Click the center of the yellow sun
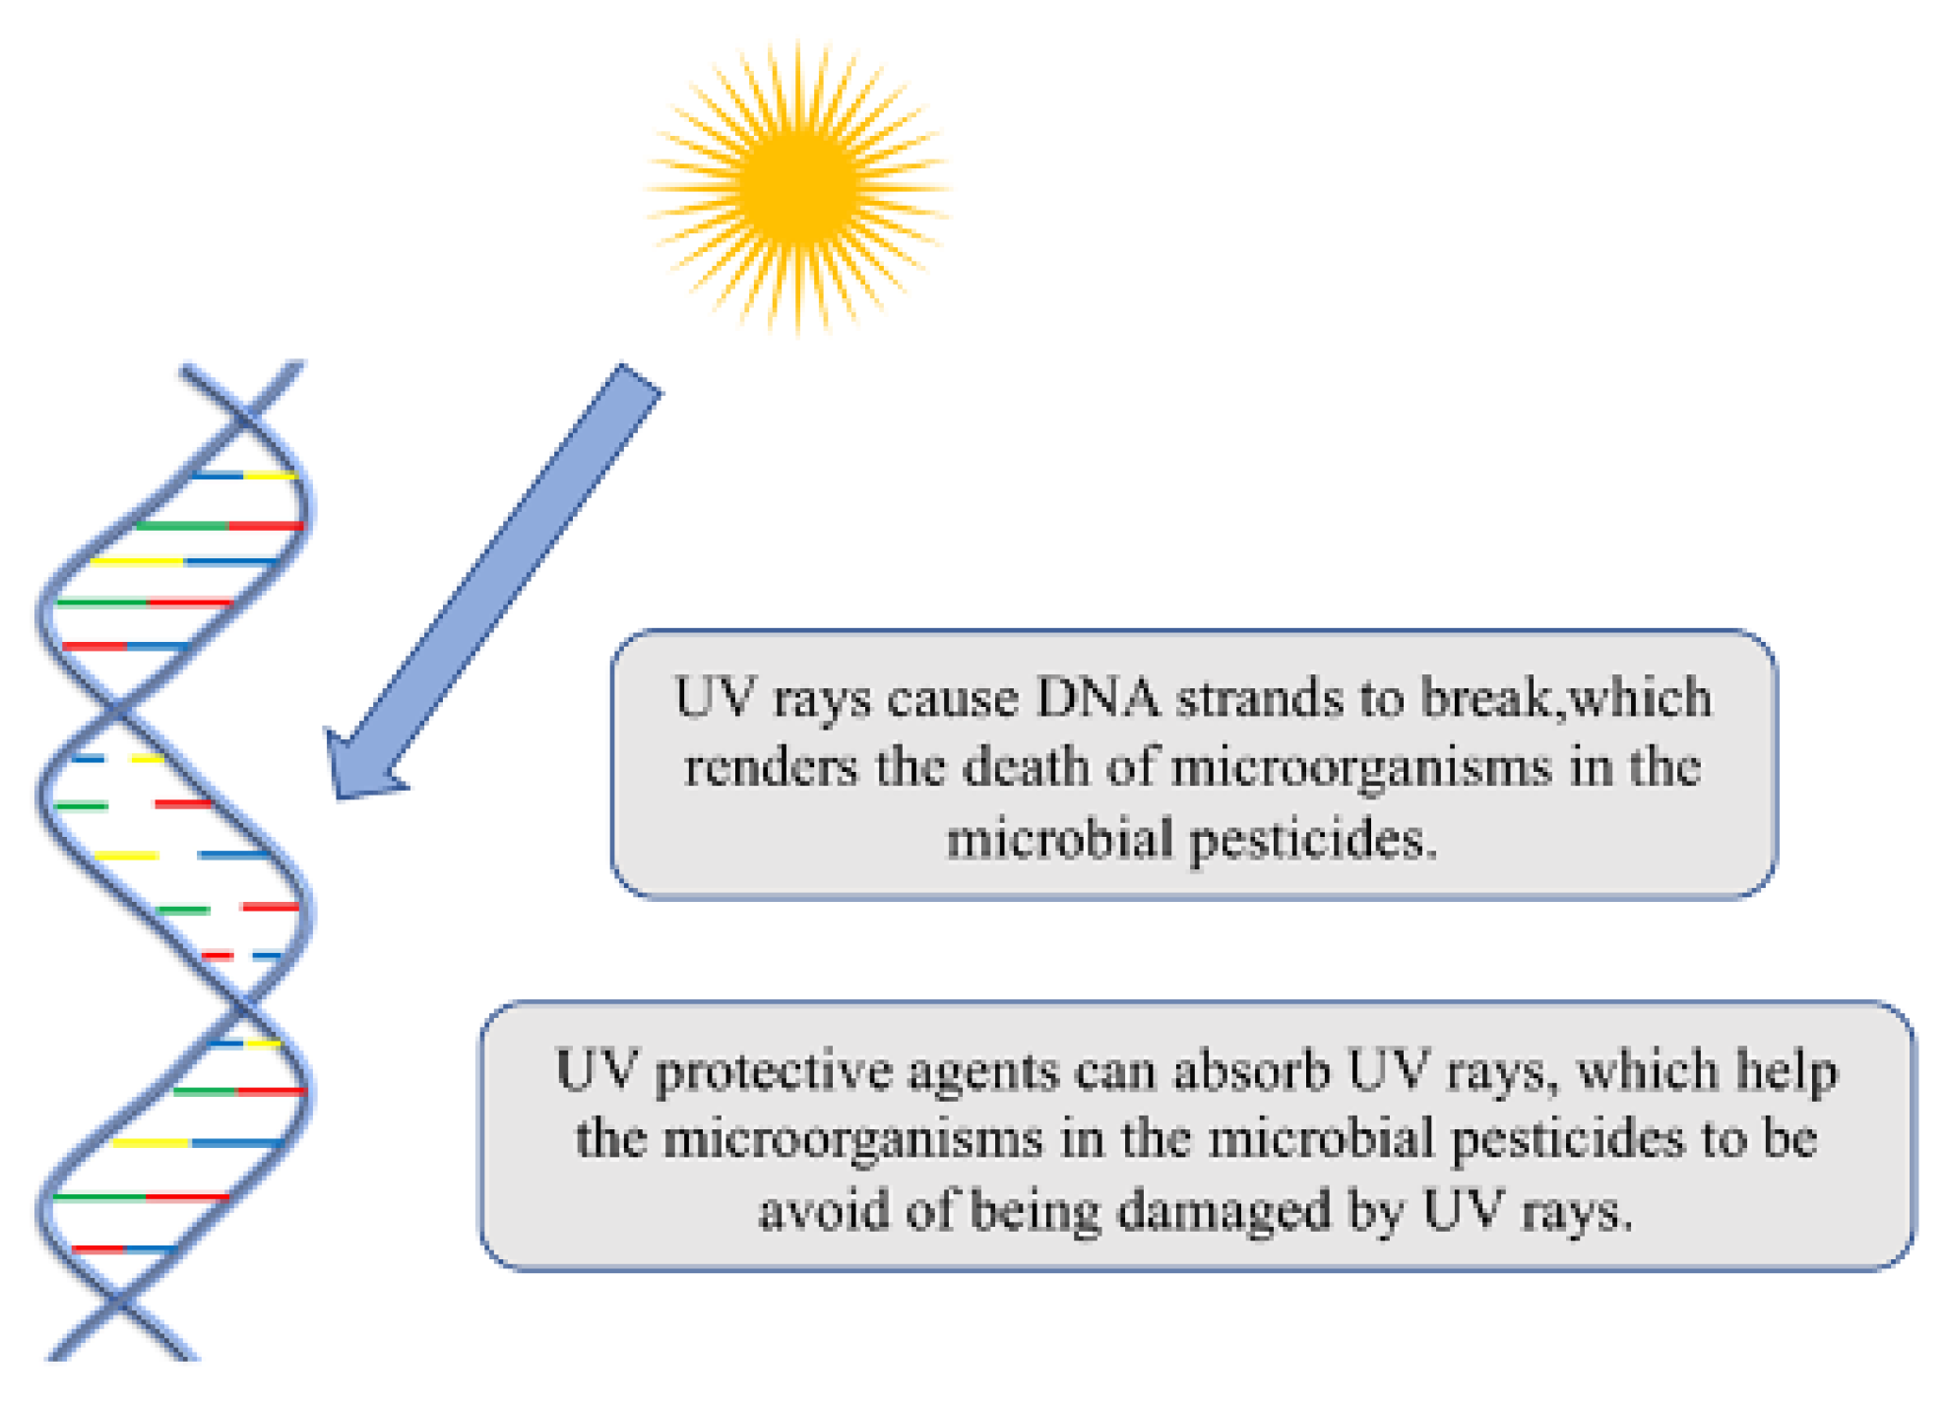tap(797, 186)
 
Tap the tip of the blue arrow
tap(338, 794)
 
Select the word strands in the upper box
tap(1260, 698)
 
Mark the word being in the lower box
tap(1035, 1212)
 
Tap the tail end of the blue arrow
tap(640, 380)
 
